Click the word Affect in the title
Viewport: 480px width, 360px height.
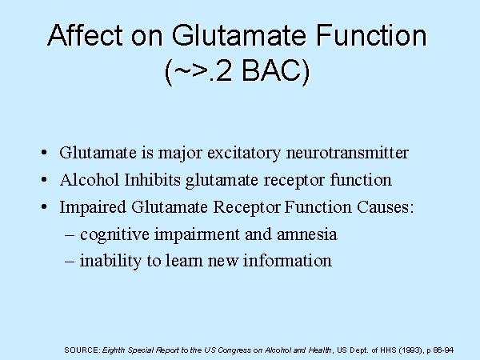pos(86,35)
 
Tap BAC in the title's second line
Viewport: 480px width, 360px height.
pos(276,70)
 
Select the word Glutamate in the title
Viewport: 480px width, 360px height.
pos(238,35)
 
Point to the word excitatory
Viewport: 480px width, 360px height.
pos(244,153)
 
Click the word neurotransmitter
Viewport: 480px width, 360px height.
pos(347,153)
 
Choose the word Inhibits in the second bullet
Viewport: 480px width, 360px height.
pos(153,179)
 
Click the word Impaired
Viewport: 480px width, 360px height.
pos(93,207)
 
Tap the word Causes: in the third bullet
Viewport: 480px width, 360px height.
pos(386,207)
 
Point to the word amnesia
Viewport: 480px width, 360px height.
pos(307,234)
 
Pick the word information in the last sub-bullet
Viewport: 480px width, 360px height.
pos(287,261)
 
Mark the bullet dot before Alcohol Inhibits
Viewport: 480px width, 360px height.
pos(44,180)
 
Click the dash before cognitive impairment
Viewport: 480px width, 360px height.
pos(70,235)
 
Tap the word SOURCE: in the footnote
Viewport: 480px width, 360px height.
pos(82,350)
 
